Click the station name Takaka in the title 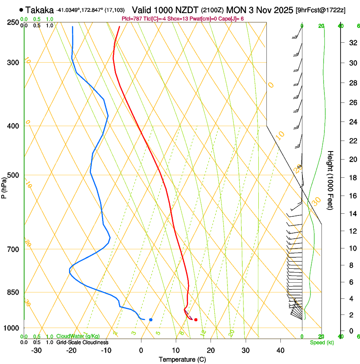pyautogui.click(x=39, y=10)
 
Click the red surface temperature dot pyautogui.click(x=196, y=320)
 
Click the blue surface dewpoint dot pyautogui.click(x=151, y=320)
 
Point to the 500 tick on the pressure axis pyautogui.click(x=14, y=175)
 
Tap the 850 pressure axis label pyautogui.click(x=14, y=292)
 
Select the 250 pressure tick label pyautogui.click(x=14, y=22)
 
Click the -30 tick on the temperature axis pyautogui.click(x=36, y=350)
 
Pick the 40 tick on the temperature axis pyautogui.click(x=280, y=350)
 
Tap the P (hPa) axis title pyautogui.click(x=4, y=187)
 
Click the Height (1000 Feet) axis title pyautogui.click(x=331, y=180)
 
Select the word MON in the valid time pyautogui.click(x=235, y=10)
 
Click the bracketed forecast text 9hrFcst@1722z pyautogui.click(x=321, y=10)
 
